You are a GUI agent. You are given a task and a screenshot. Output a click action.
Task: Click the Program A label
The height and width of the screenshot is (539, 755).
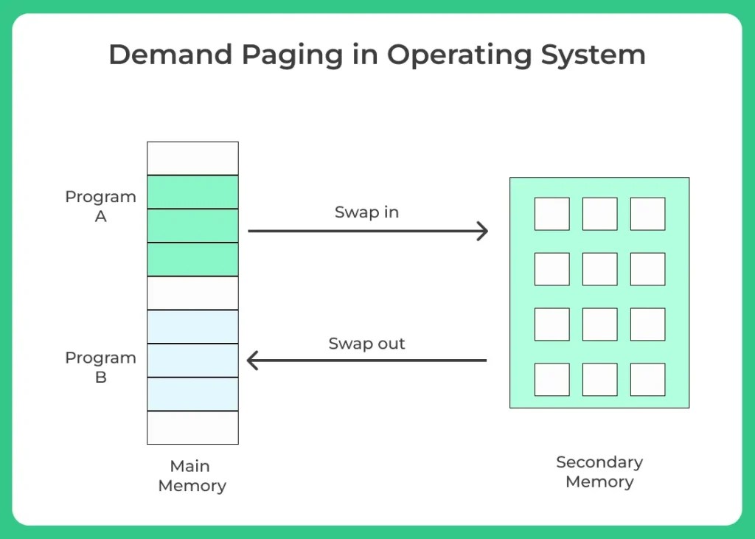point(100,206)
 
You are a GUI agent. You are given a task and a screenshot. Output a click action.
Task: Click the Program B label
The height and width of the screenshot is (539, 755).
point(100,367)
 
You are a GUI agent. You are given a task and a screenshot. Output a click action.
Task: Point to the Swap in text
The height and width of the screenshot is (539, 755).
point(366,212)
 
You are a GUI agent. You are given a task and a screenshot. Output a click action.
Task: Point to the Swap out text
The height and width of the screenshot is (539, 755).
point(366,344)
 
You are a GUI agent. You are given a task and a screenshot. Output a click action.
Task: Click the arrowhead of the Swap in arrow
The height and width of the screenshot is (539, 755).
point(483,231)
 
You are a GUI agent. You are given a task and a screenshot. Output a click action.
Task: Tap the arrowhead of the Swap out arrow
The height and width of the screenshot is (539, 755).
point(253,361)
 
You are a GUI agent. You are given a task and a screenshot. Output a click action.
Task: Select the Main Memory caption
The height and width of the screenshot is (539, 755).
point(192,476)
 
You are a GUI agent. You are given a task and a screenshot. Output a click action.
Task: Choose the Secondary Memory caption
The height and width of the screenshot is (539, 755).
point(599,472)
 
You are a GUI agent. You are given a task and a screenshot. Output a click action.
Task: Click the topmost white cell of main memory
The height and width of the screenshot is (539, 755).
point(192,158)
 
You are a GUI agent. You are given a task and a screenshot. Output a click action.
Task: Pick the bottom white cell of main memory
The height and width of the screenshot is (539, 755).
point(192,428)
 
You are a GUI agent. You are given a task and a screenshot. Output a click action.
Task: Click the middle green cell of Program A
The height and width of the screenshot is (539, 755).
point(192,226)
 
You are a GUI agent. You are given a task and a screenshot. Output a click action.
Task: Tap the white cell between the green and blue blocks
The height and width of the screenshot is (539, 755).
point(192,293)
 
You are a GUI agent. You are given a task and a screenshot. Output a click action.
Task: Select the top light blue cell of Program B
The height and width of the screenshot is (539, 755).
point(192,327)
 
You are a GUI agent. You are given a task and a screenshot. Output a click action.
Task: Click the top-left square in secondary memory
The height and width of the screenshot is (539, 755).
point(552,214)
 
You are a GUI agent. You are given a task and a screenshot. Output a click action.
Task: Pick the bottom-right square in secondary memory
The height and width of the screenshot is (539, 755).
point(647,380)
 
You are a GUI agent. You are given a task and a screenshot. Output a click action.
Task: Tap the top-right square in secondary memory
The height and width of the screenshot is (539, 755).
point(647,214)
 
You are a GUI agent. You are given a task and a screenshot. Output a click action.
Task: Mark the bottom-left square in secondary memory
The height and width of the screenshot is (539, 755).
point(552,380)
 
